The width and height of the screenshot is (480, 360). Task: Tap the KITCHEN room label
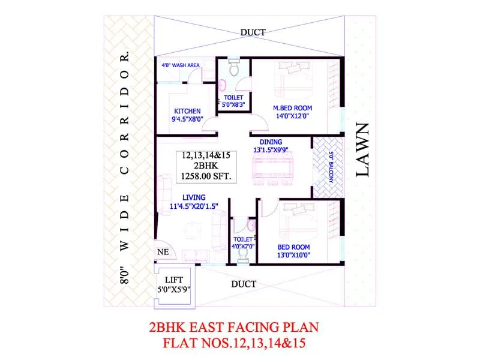(187, 111)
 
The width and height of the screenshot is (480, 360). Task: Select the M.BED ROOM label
(292, 108)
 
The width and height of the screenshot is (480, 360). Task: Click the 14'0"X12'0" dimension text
(293, 118)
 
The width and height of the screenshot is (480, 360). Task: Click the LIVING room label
(194, 197)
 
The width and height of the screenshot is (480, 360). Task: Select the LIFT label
(174, 280)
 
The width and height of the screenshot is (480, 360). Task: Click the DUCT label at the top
(253, 32)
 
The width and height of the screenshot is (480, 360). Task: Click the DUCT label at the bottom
(244, 283)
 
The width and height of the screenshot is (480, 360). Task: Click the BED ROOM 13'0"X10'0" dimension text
(293, 254)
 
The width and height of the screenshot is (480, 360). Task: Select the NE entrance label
(162, 252)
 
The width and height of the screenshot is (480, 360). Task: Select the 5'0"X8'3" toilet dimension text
(233, 104)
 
